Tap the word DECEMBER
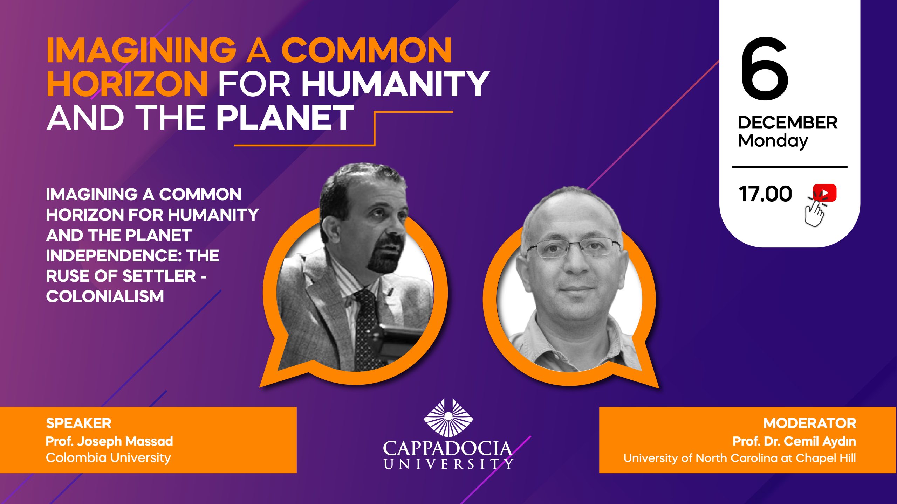pos(788,122)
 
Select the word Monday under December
pos(773,141)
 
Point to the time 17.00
pos(765,194)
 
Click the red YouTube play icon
pos(824,193)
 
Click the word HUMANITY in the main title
pos(395,83)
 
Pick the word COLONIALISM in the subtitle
pos(105,296)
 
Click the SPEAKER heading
pos(78,423)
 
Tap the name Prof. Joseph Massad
pos(109,441)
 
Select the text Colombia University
pos(108,458)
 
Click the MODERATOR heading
pos(810,423)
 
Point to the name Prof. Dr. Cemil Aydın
pos(794,441)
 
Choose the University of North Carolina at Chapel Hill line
pos(740,458)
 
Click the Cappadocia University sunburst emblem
pos(448,418)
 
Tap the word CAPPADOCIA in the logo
pos(447,449)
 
